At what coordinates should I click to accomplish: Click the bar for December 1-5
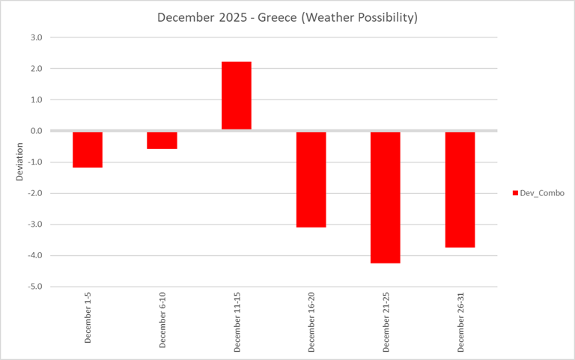88,149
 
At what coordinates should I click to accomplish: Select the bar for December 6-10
162,140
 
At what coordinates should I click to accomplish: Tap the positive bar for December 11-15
237,96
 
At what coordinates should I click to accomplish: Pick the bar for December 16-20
311,179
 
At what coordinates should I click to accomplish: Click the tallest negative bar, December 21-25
386,197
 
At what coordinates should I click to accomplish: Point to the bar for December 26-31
460,189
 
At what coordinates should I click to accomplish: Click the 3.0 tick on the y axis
36,37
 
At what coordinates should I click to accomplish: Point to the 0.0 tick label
36,131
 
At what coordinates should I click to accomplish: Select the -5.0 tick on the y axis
35,287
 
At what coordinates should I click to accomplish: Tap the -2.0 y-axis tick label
35,193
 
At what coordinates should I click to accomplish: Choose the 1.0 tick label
36,100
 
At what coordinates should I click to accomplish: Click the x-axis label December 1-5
88,318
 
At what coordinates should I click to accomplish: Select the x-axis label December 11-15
237,321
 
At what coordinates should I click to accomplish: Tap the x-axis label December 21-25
386,321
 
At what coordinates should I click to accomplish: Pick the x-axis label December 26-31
460,321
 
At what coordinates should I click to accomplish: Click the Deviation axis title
20,162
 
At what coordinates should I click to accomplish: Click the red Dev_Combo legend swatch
515,193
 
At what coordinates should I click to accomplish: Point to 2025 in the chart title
230,18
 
